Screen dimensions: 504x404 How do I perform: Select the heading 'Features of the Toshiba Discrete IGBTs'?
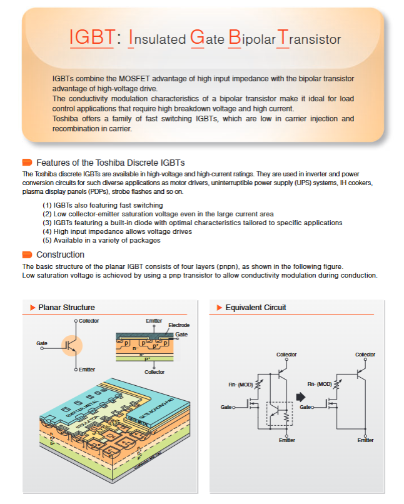[x=111, y=163]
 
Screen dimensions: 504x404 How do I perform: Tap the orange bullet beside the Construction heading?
[x=27, y=255]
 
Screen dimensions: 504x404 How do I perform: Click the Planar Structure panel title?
[x=66, y=308]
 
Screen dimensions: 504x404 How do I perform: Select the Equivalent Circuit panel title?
[x=255, y=308]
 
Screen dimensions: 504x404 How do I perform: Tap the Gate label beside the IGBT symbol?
[x=42, y=344]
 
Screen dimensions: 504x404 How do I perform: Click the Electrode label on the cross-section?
[x=179, y=326]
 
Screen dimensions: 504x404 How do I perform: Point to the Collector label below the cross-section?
[x=154, y=372]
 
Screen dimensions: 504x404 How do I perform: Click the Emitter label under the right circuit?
[x=365, y=440]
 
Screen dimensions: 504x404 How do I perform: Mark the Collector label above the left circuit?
[x=286, y=355]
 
